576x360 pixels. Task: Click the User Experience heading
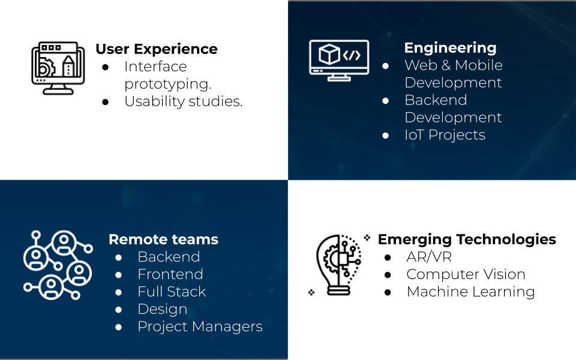[156, 49]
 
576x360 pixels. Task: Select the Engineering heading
[450, 48]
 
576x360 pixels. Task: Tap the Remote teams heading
[163, 239]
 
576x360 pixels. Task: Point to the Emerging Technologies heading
[467, 239]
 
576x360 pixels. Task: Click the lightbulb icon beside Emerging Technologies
[338, 265]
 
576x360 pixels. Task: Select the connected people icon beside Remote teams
[57, 265]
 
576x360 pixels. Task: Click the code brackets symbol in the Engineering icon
[352, 56]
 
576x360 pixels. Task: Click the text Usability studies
[183, 101]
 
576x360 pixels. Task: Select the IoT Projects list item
[445, 135]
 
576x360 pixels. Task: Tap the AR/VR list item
[429, 257]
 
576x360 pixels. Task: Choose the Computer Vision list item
[466, 274]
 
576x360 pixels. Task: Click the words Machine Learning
[470, 292]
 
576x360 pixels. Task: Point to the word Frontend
[170, 274]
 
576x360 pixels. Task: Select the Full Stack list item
[172, 292]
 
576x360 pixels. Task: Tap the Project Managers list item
[200, 326]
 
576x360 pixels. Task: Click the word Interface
[155, 67]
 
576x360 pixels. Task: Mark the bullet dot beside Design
[119, 310]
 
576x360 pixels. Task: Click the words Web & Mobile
[454, 65]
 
